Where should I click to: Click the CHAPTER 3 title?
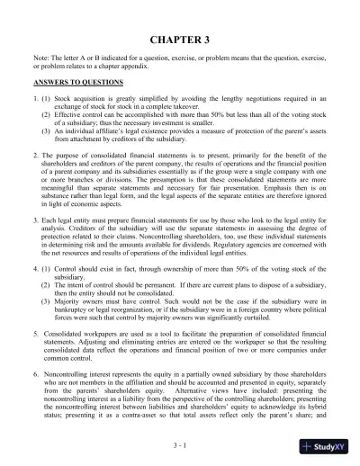[x=180, y=41]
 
